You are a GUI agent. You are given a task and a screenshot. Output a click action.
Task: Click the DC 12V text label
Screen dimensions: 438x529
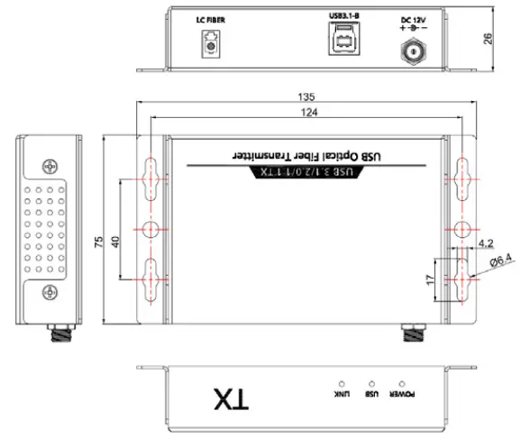(x=412, y=17)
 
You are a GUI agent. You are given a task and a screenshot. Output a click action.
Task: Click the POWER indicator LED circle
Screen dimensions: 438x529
(x=401, y=384)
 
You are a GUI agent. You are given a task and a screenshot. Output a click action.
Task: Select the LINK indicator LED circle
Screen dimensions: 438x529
(x=341, y=384)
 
